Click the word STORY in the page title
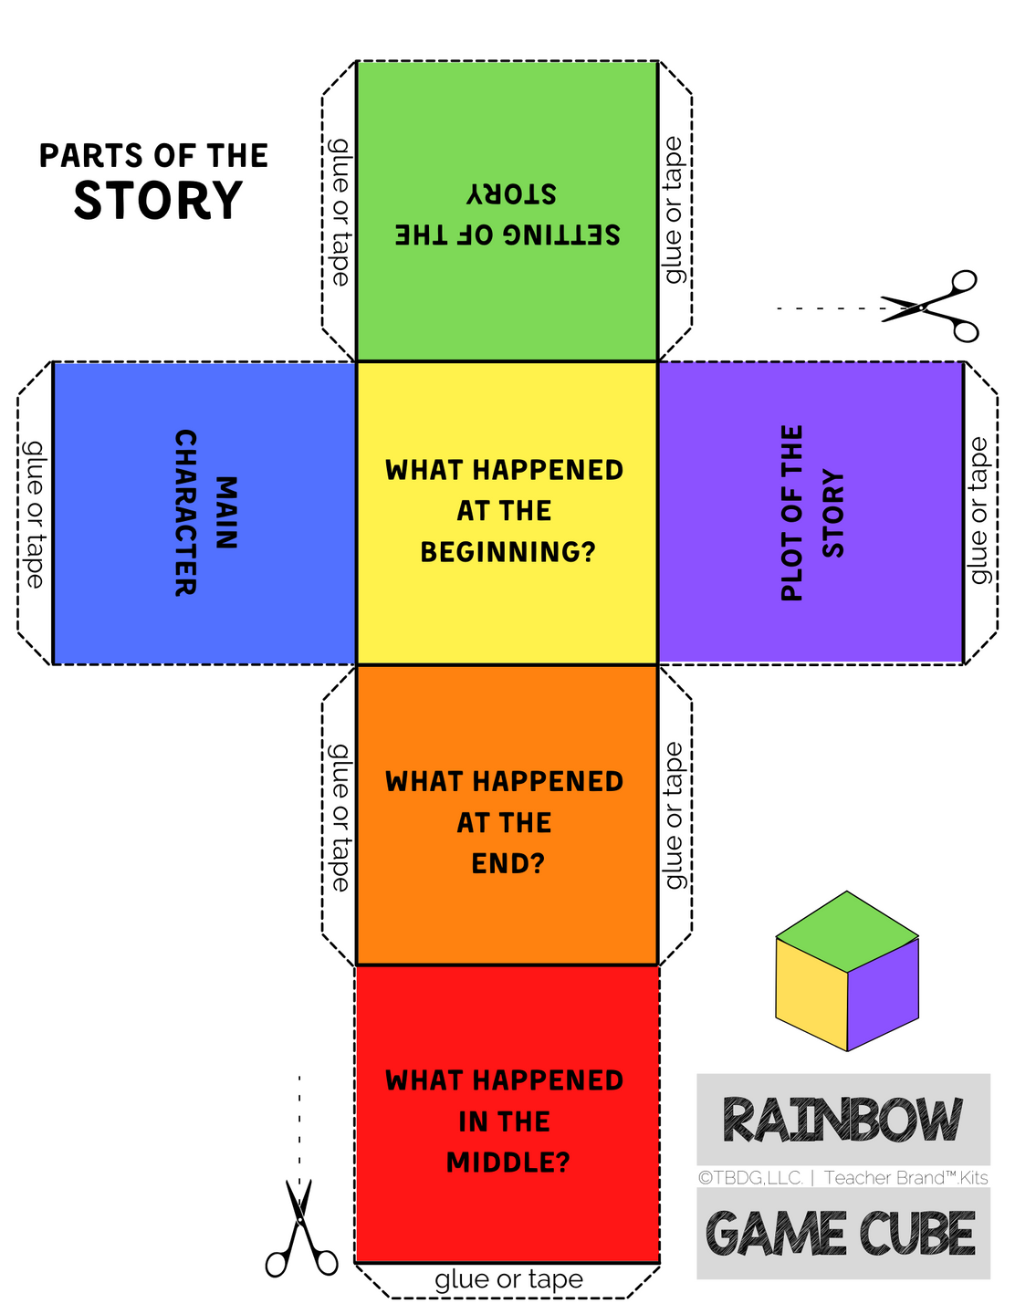coord(158,202)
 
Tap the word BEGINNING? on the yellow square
coord(507,552)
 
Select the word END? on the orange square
coord(507,863)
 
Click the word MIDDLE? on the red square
coord(507,1163)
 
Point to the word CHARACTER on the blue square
coord(185,513)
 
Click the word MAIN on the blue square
coord(225,513)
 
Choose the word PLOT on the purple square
coord(792,570)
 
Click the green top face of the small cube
coord(847,932)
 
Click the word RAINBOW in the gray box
coord(842,1121)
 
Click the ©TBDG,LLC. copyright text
coord(750,1178)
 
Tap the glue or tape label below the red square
coord(508,1279)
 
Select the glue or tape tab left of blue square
coord(35,513)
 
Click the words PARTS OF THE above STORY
coord(153,156)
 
